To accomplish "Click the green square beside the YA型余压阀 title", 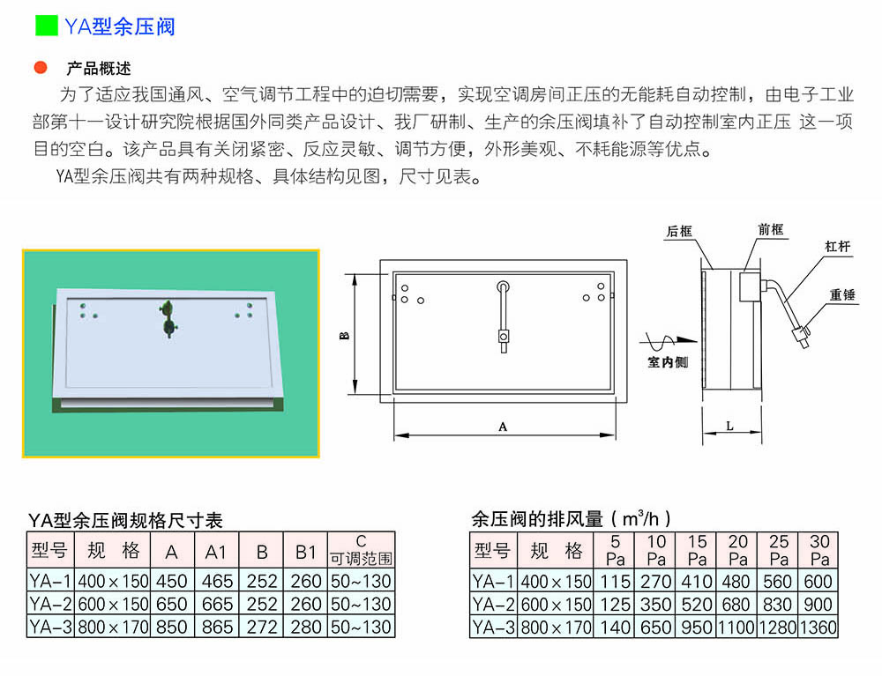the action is pos(46,26).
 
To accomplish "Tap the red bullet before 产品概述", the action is pos(41,68).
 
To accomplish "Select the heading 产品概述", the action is pos(99,69).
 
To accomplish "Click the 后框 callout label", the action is pos(679,232).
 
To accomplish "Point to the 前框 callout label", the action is pos(771,229).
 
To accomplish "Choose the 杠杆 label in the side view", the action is pos(837,247).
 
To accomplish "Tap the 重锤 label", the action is pos(842,295).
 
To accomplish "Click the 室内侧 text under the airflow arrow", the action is pos(668,362).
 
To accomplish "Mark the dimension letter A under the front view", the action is pos(503,427).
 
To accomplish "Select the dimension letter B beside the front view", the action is pos(345,336).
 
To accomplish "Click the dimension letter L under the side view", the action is pos(729,427).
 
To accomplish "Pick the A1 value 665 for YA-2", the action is pos(217,604).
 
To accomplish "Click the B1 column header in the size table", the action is pos(305,553).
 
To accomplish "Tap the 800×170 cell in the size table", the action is pos(113,628).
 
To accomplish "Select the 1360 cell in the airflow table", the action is pos(818,628).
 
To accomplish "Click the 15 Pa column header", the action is pos(697,550).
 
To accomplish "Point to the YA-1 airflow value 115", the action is pos(615,581).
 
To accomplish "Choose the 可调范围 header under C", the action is pos(361,559).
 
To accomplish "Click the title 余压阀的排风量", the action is pos(537,518).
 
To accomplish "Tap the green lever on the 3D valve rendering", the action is pos(168,318).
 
